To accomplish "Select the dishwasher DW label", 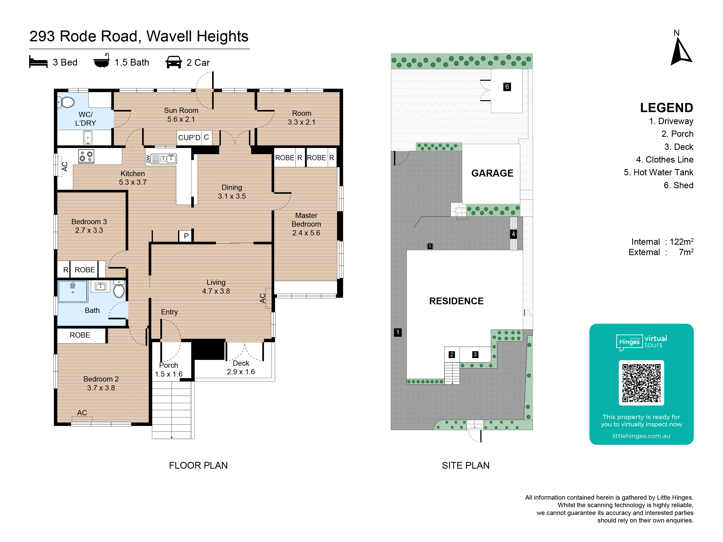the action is pyautogui.click(x=148, y=159).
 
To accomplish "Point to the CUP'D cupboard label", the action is pyautogui.click(x=189, y=138).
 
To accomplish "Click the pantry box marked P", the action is pyautogui.click(x=186, y=236).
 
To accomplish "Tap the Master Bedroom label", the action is pyautogui.click(x=306, y=220).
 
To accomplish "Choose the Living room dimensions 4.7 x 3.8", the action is pyautogui.click(x=216, y=291).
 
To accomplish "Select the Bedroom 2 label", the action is pyautogui.click(x=101, y=379).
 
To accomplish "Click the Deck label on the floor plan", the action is pyautogui.click(x=241, y=363).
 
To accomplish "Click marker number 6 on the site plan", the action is pyautogui.click(x=507, y=87).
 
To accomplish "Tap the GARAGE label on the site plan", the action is pyautogui.click(x=492, y=173).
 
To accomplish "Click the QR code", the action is pyautogui.click(x=641, y=383).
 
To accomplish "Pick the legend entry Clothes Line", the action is pyautogui.click(x=664, y=160).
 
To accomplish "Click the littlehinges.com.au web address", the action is pyautogui.click(x=641, y=436).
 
